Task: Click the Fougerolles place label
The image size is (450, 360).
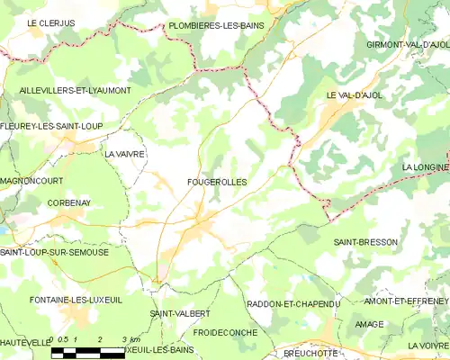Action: click(x=217, y=182)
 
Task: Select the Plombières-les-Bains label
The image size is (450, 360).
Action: click(x=216, y=26)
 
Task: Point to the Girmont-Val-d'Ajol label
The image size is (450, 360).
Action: click(x=409, y=44)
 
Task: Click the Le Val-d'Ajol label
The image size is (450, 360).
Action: click(x=355, y=94)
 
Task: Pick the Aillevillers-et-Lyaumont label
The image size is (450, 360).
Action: click(x=75, y=91)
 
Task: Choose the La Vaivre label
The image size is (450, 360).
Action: click(x=125, y=154)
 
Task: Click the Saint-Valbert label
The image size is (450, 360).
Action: click(x=180, y=312)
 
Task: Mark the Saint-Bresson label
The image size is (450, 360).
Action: click(x=364, y=242)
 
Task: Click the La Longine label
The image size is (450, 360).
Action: click(x=425, y=167)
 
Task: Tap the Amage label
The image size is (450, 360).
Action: click(x=369, y=324)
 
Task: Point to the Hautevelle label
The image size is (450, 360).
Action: click(x=25, y=342)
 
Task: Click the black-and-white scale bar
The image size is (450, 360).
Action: click(x=87, y=354)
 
